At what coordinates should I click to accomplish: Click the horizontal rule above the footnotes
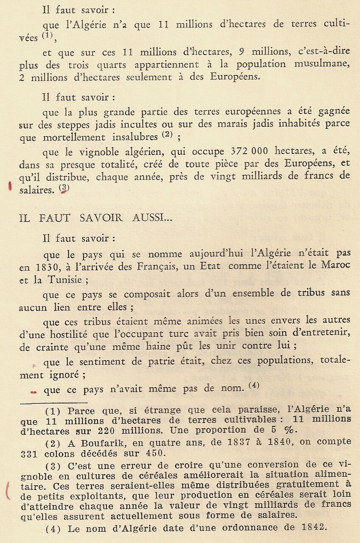click(x=53, y=403)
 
